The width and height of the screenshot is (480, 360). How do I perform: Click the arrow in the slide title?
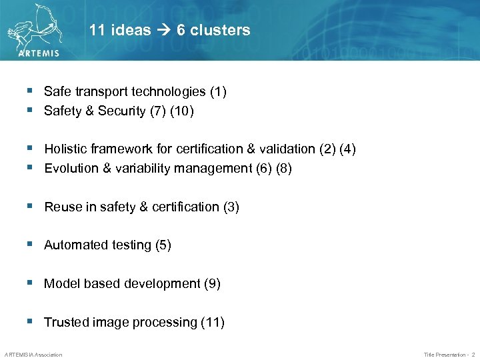click(164, 30)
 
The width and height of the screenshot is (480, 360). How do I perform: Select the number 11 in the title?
click(97, 30)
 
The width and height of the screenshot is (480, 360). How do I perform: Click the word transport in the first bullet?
click(101, 92)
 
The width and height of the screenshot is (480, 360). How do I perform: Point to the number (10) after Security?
click(182, 111)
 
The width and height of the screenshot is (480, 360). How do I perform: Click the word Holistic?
click(65, 149)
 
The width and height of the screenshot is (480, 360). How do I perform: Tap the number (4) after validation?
click(347, 149)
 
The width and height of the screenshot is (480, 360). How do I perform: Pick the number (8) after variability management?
click(283, 168)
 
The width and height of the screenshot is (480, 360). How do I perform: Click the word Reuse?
click(61, 207)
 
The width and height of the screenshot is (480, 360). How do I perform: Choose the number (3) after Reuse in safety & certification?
click(231, 207)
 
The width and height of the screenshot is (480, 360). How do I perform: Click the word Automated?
click(73, 245)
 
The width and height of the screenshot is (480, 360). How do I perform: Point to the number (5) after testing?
click(163, 245)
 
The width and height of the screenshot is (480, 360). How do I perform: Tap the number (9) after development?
click(212, 283)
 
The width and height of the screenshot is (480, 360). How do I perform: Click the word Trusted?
click(64, 322)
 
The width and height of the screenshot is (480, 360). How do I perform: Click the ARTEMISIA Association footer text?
click(33, 354)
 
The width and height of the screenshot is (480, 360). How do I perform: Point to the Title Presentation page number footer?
click(449, 354)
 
